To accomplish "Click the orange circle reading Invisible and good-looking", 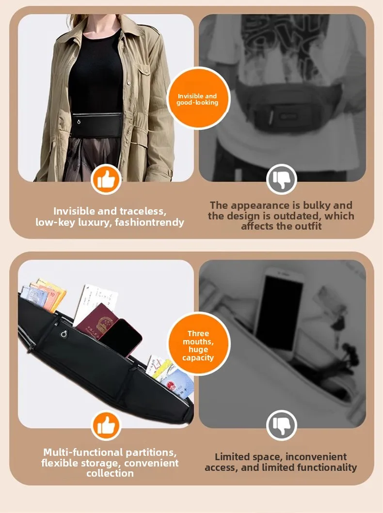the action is point(198,98).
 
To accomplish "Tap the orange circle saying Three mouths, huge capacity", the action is point(198,344).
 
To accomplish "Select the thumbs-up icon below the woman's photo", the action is point(106,180).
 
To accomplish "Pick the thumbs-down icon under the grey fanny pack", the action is point(281,180).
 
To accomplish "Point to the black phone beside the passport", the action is point(121,338).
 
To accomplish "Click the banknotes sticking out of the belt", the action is point(43,295).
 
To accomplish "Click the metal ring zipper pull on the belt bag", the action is point(64,333).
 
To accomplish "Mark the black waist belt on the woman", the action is point(96,125).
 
